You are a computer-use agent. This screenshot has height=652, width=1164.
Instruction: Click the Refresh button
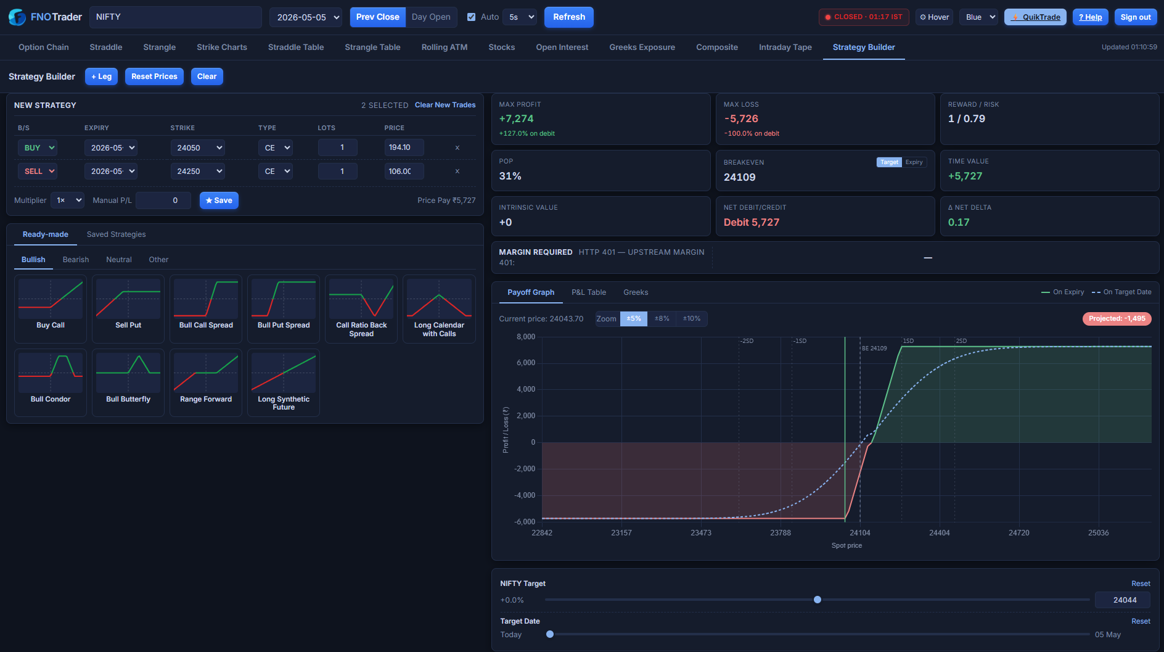(x=568, y=17)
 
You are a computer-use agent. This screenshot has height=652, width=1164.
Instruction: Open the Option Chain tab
(x=44, y=47)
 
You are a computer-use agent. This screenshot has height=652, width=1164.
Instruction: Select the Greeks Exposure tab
(x=642, y=47)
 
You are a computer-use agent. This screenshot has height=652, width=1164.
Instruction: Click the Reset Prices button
(x=154, y=76)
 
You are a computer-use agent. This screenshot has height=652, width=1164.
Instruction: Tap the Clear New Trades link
(x=445, y=105)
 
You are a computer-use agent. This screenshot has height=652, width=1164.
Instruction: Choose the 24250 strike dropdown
(x=197, y=171)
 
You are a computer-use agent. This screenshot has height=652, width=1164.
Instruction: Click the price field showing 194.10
(x=404, y=147)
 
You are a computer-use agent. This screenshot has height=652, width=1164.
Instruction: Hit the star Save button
(x=219, y=200)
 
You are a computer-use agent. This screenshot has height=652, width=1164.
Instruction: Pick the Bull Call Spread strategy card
(x=206, y=308)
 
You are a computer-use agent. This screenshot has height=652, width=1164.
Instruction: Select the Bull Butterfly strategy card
(x=128, y=382)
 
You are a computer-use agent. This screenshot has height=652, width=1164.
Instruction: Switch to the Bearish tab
(x=76, y=260)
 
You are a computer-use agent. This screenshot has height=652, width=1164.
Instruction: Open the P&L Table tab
(x=589, y=292)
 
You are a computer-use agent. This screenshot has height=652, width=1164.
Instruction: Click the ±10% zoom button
(x=692, y=319)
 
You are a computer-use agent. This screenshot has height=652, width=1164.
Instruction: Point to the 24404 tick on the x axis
(x=940, y=533)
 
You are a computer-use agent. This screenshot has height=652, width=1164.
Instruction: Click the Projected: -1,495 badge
(x=1117, y=319)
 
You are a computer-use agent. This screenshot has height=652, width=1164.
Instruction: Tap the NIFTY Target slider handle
(x=818, y=600)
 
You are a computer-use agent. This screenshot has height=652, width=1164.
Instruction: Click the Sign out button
(x=1136, y=17)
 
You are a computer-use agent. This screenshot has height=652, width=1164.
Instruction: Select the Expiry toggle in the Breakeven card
(x=914, y=162)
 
